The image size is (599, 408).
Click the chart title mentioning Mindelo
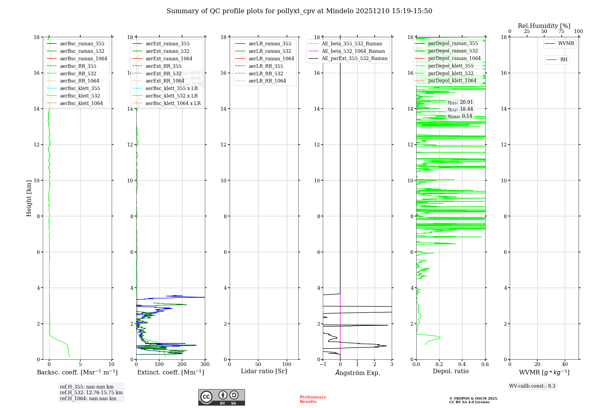299,11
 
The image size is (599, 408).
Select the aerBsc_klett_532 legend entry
80,96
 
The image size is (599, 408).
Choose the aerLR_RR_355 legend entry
266,66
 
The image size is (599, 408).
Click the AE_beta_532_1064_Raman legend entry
353,51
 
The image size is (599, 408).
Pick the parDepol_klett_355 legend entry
451,66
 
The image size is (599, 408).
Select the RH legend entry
564,60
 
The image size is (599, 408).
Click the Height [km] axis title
29,198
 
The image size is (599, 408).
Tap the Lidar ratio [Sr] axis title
264,371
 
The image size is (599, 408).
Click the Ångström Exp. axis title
357,373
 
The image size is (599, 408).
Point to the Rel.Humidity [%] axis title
544,26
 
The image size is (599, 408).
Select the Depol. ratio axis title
450,371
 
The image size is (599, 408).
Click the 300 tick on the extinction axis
205,364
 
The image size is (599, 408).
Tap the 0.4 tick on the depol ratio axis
462,364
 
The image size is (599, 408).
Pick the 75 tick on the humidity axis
561,31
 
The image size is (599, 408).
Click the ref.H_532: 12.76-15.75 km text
91,393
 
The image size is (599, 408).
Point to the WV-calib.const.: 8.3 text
532,386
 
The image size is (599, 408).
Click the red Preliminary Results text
313,399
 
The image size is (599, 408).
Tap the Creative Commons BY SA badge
221,397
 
